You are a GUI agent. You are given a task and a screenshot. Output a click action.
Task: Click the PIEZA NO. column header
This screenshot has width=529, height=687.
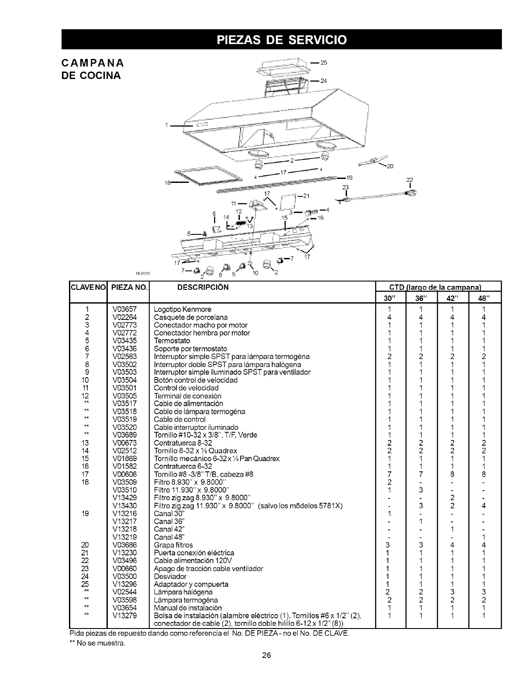point(129,288)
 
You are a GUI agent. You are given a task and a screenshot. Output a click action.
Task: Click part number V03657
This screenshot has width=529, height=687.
point(124,309)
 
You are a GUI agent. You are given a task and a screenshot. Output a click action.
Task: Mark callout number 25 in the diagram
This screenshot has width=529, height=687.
point(324,62)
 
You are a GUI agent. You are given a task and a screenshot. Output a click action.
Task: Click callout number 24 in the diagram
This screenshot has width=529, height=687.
point(323,81)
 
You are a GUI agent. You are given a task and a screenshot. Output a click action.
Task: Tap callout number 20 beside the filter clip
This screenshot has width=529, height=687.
point(390,166)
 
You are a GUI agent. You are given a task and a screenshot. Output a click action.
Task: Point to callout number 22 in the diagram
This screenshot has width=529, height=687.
point(409,180)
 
